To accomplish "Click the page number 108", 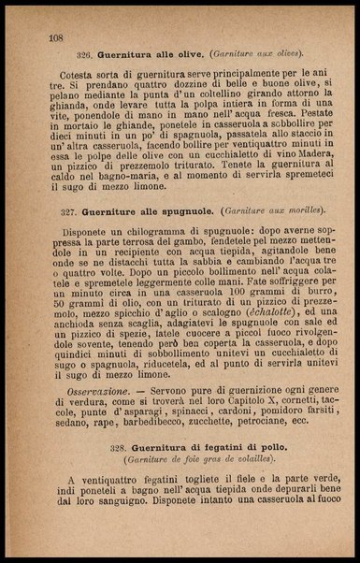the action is tap(55, 38).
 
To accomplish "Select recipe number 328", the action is tap(123, 449).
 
